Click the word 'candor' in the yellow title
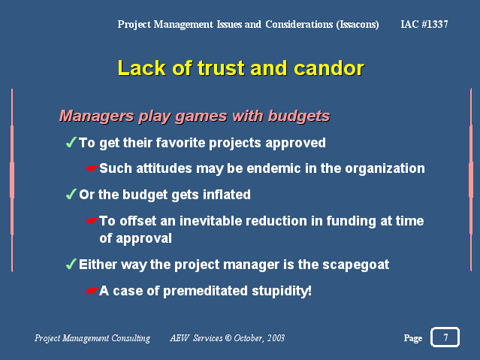[329, 68]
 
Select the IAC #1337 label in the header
[424, 24]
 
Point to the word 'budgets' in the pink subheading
[299, 116]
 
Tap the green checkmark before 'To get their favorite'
[71, 142]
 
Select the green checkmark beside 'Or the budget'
[71, 194]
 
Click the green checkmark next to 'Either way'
[71, 264]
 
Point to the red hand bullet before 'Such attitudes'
[92, 168]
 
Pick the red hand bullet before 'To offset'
[92, 221]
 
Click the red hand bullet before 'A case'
[92, 291]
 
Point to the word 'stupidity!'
[282, 291]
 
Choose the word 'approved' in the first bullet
[296, 143]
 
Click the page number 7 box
[445, 337]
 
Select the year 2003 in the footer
[276, 338]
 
